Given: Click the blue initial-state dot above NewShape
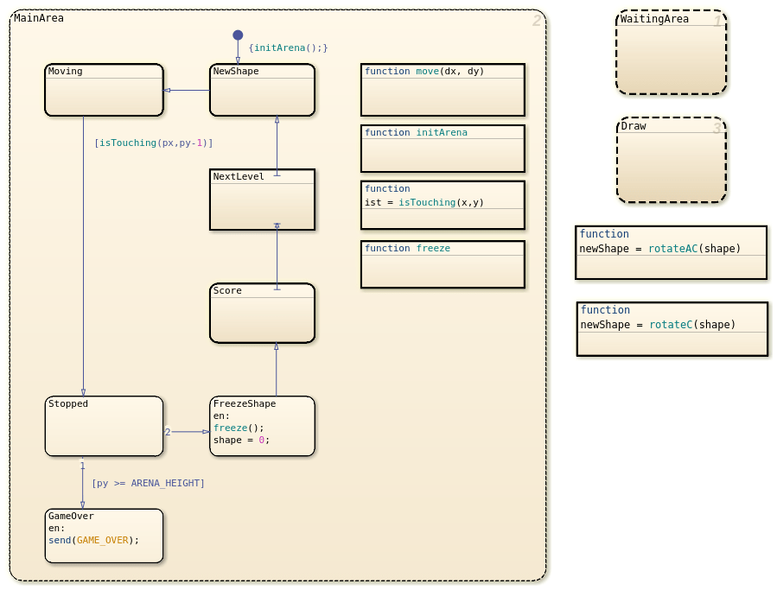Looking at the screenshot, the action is [x=238, y=35].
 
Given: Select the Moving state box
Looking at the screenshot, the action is [x=104, y=90].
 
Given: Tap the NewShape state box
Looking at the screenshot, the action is [x=262, y=90].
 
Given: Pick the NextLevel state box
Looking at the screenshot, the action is [x=262, y=200].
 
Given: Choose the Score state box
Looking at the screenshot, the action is [x=262, y=313].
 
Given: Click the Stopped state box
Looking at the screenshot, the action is [x=104, y=426].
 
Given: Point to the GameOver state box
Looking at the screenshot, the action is [x=104, y=536].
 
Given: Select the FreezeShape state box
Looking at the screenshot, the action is [x=262, y=426].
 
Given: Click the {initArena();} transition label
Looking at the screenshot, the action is [x=288, y=48].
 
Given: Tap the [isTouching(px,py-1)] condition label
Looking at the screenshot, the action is [x=154, y=143].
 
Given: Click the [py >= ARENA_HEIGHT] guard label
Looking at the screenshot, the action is [x=148, y=483].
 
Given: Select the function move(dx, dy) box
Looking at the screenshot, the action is [x=443, y=90].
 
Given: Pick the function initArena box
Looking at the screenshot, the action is [x=443, y=149].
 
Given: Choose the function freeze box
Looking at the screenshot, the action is [x=443, y=264].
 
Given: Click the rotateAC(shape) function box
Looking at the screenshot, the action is [x=671, y=252].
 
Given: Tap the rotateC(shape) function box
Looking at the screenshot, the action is [x=672, y=329].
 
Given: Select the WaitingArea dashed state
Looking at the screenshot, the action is [x=672, y=52].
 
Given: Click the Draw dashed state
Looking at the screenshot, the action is [x=672, y=160].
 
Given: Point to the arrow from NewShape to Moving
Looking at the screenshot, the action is [x=187, y=90].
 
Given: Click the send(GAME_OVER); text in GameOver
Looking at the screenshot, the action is [x=93, y=540].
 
